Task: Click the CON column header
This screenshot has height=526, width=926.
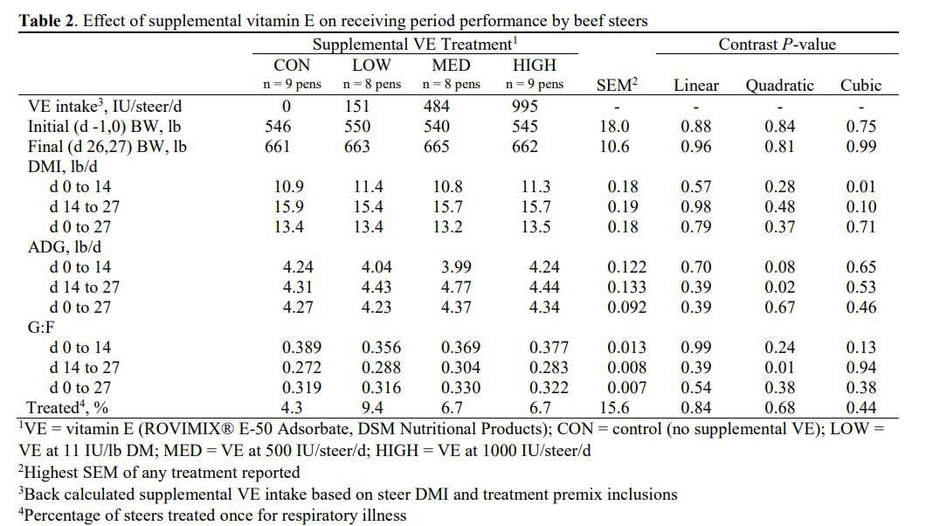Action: [x=292, y=65]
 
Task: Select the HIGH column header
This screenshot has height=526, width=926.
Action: [x=535, y=65]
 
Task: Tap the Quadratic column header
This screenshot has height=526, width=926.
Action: [x=779, y=86]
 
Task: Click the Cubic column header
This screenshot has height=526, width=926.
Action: [x=860, y=85]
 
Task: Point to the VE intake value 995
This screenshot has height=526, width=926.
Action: [x=525, y=107]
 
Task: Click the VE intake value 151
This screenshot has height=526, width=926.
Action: [x=356, y=107]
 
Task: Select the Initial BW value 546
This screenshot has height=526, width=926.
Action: [x=278, y=127]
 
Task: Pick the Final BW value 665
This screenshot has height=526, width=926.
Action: [x=437, y=147]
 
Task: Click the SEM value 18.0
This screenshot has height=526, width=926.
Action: [x=614, y=127]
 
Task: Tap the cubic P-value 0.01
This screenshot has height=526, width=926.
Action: [x=860, y=187]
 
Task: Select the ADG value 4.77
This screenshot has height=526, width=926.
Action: [x=456, y=287]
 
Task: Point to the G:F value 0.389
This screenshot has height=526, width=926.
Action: [x=301, y=347]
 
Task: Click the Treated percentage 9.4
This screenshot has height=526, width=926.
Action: [x=372, y=407]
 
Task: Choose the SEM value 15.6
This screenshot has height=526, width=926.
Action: [x=614, y=407]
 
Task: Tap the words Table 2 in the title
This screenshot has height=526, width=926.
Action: [x=47, y=21]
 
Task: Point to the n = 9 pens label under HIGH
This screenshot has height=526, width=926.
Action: [x=535, y=85]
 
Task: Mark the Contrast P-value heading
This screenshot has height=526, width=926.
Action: [x=777, y=45]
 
